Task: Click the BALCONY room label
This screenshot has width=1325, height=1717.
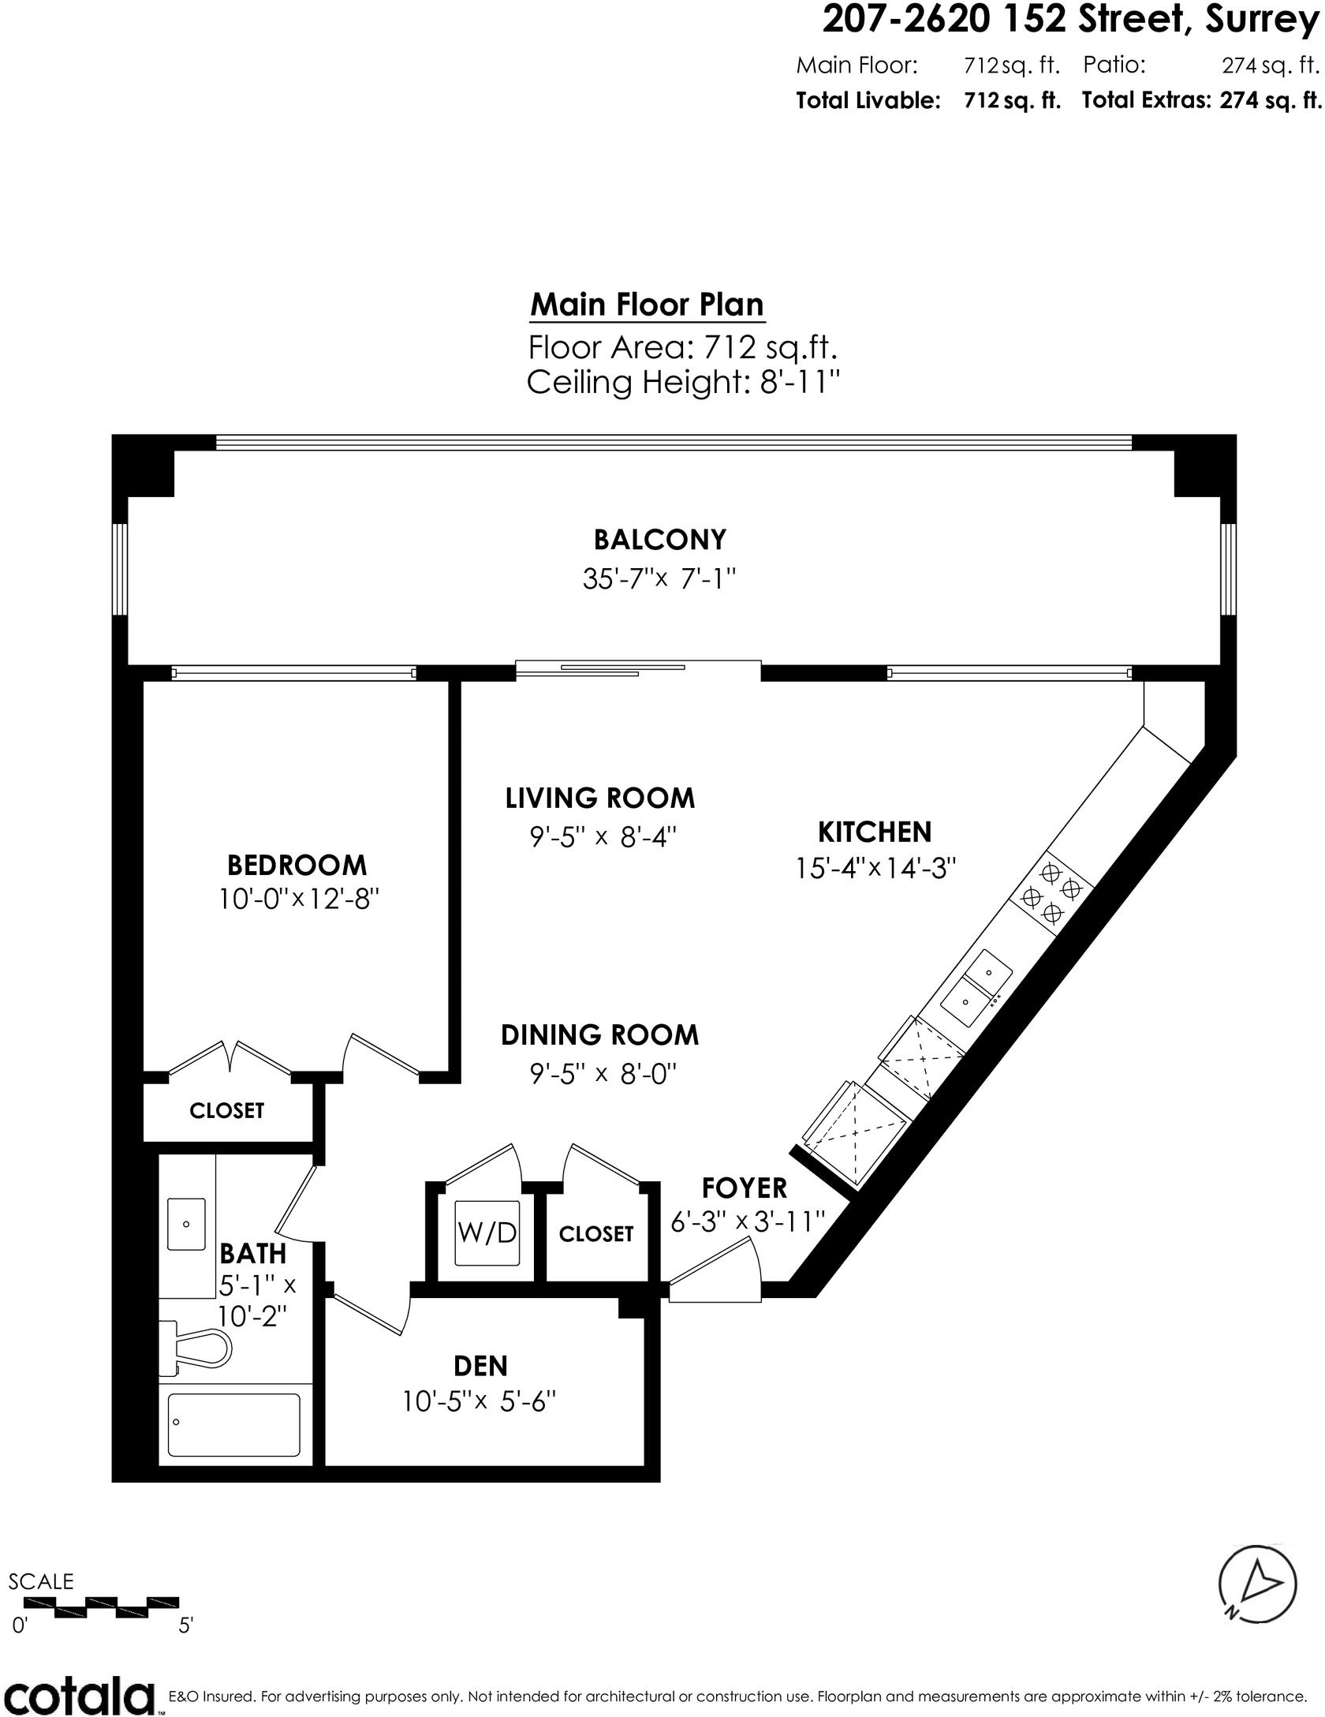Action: click(x=659, y=540)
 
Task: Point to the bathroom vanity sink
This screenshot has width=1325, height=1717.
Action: click(x=186, y=1224)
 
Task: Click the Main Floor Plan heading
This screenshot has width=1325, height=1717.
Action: click(x=647, y=305)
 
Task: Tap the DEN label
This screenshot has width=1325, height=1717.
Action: click(x=480, y=1365)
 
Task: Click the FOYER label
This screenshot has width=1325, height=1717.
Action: click(x=745, y=1188)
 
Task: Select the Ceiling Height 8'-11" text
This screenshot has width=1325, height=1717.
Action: click(x=682, y=383)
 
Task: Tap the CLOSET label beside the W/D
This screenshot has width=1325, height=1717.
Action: click(x=595, y=1234)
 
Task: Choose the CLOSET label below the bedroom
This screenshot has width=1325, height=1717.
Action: click(x=226, y=1111)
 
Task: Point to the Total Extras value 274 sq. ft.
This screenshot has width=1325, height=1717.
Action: click(x=1270, y=101)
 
